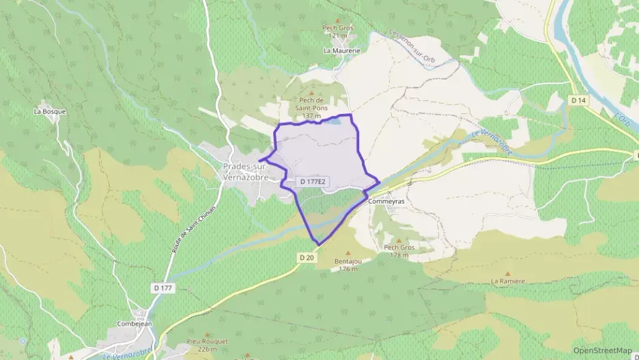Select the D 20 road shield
pyautogui.click(x=306, y=258)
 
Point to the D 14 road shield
pyautogui.click(x=578, y=100)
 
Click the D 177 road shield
pyautogui.click(x=163, y=288)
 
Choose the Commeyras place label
pyautogui.click(x=386, y=202)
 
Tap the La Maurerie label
pyautogui.click(x=341, y=51)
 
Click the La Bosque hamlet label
pyautogui.click(x=49, y=111)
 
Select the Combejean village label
pyautogui.click(x=133, y=324)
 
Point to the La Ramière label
pyautogui.click(x=508, y=281)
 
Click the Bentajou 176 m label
pyautogui.click(x=347, y=265)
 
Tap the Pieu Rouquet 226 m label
pyautogui.click(x=207, y=344)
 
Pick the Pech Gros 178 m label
pyautogui.click(x=399, y=251)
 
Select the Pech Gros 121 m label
pyautogui.click(x=339, y=31)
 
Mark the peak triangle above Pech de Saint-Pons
pyautogui.click(x=312, y=93)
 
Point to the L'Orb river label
pyautogui.click(x=622, y=119)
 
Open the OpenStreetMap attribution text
pyautogui.click(x=602, y=350)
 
